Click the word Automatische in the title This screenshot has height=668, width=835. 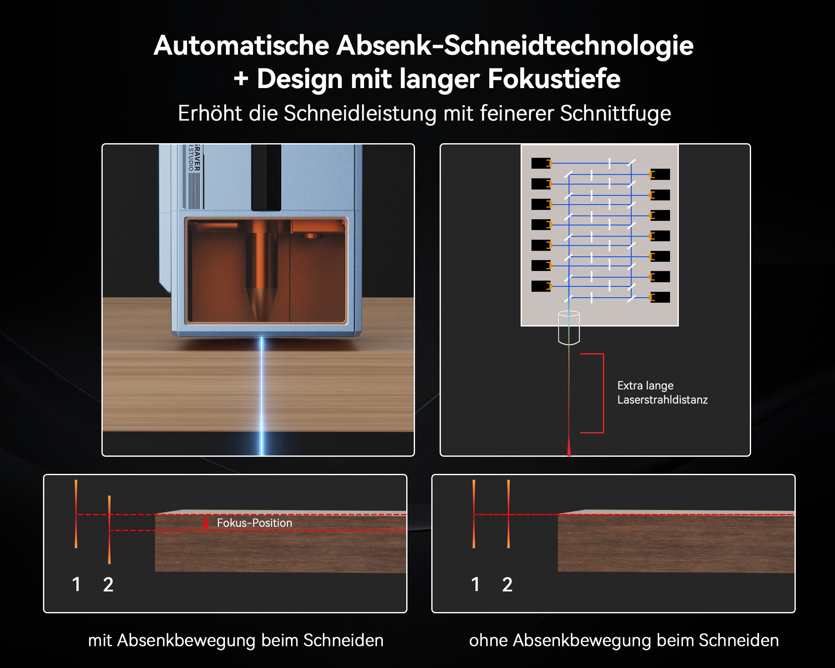(x=241, y=46)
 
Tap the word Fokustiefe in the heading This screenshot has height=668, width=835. (x=554, y=79)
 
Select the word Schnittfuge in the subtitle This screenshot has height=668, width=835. (x=615, y=114)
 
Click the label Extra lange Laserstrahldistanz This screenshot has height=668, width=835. (x=662, y=392)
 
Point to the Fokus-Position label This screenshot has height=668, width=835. (x=254, y=523)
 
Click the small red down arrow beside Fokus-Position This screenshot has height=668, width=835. (x=205, y=523)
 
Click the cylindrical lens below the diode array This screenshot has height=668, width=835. (x=569, y=328)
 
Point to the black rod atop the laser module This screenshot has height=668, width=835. (x=266, y=177)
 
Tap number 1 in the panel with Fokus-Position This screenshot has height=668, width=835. (x=76, y=584)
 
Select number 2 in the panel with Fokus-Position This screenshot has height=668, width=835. (x=108, y=584)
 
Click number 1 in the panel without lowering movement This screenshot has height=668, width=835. (x=475, y=584)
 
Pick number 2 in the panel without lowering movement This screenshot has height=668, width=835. (x=507, y=584)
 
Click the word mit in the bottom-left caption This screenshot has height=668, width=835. (x=100, y=640)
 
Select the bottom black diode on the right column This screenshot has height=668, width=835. (x=660, y=297)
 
